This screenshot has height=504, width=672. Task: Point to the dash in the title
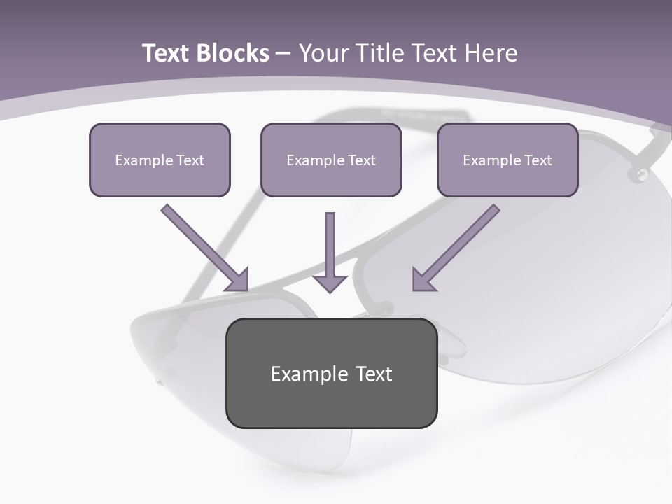click(283, 54)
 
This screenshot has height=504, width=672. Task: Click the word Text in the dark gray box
click(374, 374)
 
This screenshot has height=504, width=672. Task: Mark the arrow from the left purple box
click(203, 246)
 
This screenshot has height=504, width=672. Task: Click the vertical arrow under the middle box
click(330, 248)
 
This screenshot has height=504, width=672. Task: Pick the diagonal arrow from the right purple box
click(458, 246)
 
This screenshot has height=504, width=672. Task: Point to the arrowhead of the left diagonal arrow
click(239, 281)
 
